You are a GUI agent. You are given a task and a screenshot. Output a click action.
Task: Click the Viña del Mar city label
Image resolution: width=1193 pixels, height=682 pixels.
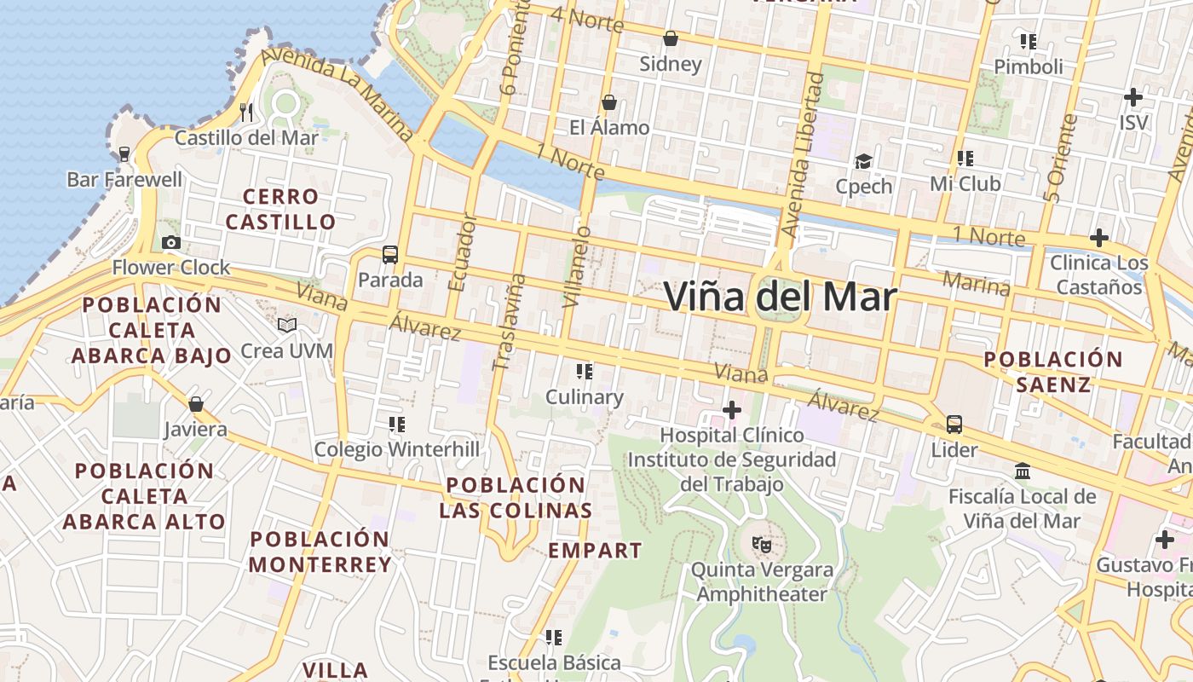(x=780, y=298)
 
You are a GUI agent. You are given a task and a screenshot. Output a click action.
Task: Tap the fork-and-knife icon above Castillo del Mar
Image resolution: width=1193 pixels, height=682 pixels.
(x=246, y=112)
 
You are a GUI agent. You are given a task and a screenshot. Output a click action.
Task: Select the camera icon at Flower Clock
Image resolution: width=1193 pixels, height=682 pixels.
(x=171, y=242)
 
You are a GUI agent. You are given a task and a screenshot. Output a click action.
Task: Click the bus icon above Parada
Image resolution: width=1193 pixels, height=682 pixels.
(x=389, y=254)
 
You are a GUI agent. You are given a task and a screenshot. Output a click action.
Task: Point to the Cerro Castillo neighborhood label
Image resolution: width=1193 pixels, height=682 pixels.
(x=281, y=210)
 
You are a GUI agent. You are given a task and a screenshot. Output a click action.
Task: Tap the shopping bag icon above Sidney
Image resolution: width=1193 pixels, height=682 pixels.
(x=671, y=38)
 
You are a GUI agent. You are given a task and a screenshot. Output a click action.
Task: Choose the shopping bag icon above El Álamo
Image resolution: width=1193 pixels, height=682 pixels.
(x=609, y=102)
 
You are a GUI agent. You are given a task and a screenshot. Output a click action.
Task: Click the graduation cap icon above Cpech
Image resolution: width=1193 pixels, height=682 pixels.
(x=863, y=161)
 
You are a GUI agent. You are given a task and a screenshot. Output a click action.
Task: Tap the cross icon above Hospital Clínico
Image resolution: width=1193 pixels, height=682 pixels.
(x=731, y=410)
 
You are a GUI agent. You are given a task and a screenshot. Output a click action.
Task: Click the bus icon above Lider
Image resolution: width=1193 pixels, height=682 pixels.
(x=954, y=424)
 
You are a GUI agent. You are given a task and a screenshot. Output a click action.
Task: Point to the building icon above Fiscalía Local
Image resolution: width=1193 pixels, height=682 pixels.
(x=1023, y=471)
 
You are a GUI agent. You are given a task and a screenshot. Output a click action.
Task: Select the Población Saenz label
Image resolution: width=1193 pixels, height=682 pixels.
(x=1053, y=372)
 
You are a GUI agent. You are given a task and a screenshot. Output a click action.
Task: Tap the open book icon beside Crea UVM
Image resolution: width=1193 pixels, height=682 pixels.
(x=287, y=326)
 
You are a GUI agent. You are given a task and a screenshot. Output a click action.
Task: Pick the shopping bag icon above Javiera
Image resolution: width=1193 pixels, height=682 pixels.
(x=196, y=403)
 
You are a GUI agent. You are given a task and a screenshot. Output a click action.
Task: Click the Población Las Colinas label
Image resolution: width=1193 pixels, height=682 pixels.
(x=516, y=498)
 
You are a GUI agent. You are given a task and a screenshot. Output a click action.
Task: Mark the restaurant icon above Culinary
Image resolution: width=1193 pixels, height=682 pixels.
(x=584, y=371)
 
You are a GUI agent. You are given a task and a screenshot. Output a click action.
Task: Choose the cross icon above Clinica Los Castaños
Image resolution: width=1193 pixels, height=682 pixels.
(x=1098, y=237)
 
